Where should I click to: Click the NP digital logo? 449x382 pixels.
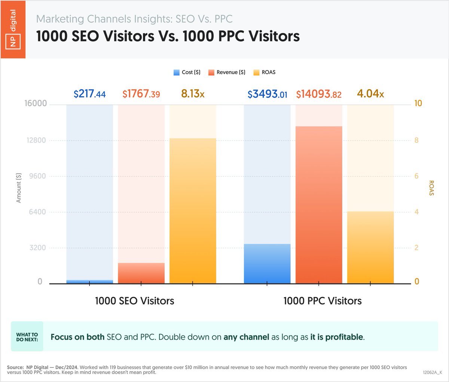pos(13,29)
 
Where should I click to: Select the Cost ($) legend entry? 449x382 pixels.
pos(187,72)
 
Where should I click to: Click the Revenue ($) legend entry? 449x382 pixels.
pos(227,72)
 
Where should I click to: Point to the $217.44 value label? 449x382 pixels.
pos(89,94)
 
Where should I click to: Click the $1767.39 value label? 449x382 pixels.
pos(141,94)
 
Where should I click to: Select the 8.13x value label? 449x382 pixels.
pos(193,94)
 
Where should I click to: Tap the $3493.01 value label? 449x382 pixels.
pos(267,94)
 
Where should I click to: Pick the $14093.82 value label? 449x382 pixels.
pos(319,94)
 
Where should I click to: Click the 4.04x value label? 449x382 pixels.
pos(370,94)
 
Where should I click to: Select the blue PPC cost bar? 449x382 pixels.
pos(267,264)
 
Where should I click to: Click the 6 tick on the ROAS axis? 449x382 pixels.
pos(416,176)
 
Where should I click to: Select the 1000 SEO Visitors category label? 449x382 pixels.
pos(134,301)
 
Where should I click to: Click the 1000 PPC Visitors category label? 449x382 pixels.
pos(323,301)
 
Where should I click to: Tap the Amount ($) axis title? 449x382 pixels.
pos(19,188)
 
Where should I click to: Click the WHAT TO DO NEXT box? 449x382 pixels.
pos(27,337)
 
